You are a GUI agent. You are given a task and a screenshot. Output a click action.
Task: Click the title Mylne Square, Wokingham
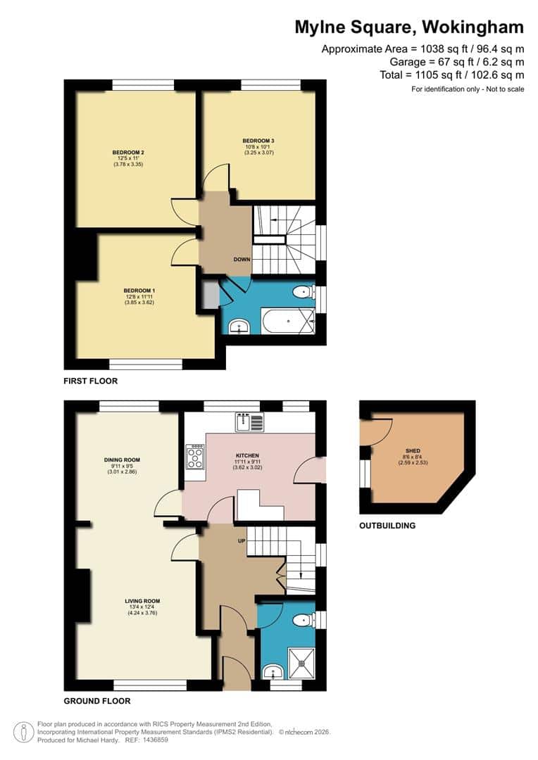[x=409, y=27]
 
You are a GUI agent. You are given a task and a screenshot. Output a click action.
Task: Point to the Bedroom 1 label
[x=139, y=291]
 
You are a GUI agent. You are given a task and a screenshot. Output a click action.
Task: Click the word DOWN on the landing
[x=242, y=260]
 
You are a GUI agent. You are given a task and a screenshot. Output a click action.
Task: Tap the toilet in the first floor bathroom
[x=303, y=290]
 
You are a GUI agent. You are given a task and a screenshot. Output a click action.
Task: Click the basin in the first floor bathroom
[x=240, y=326]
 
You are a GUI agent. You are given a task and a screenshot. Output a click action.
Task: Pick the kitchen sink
[x=250, y=422]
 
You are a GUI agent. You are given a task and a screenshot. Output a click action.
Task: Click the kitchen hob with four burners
[x=195, y=458]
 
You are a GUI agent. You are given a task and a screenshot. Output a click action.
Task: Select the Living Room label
[x=142, y=601]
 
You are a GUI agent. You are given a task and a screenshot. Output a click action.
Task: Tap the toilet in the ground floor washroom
[x=303, y=620]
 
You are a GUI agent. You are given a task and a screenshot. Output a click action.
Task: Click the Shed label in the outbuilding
[x=413, y=450]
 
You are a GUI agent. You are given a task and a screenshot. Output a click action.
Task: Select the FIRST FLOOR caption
[x=91, y=381]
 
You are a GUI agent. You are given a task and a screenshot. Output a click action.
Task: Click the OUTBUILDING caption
[x=387, y=526]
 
